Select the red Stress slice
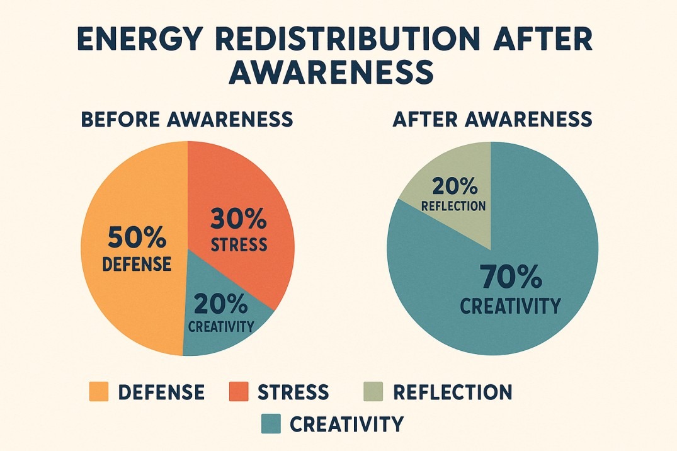(x=265, y=189)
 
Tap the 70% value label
(x=509, y=277)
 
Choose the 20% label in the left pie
(x=221, y=304)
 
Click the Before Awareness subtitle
(x=187, y=119)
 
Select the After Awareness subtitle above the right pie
(x=492, y=119)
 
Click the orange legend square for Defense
(x=99, y=392)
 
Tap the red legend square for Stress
(x=239, y=392)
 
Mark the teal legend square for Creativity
(x=270, y=423)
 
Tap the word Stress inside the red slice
(x=239, y=244)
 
